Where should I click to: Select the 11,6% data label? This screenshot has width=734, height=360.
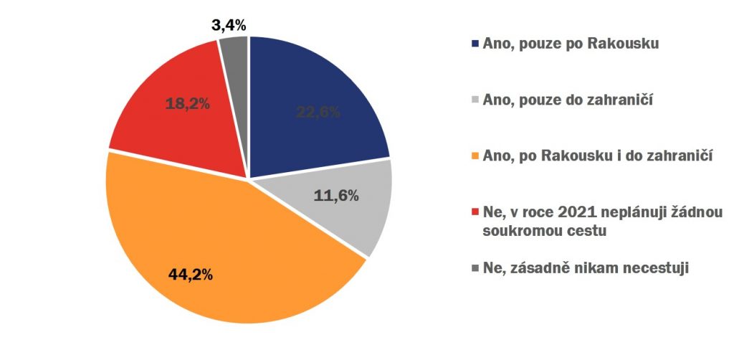[337, 195]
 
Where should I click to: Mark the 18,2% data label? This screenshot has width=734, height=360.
[187, 103]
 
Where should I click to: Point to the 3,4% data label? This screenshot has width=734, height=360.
[229, 26]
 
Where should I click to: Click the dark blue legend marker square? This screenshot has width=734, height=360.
[475, 44]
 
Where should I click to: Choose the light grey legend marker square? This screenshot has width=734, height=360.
[475, 100]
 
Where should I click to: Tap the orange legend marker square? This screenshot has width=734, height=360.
[475, 156]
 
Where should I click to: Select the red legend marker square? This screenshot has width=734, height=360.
[475, 213]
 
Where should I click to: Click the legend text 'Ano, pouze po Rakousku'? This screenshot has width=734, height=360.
[571, 44]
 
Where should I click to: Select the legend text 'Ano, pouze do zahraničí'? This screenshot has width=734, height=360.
[569, 99]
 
